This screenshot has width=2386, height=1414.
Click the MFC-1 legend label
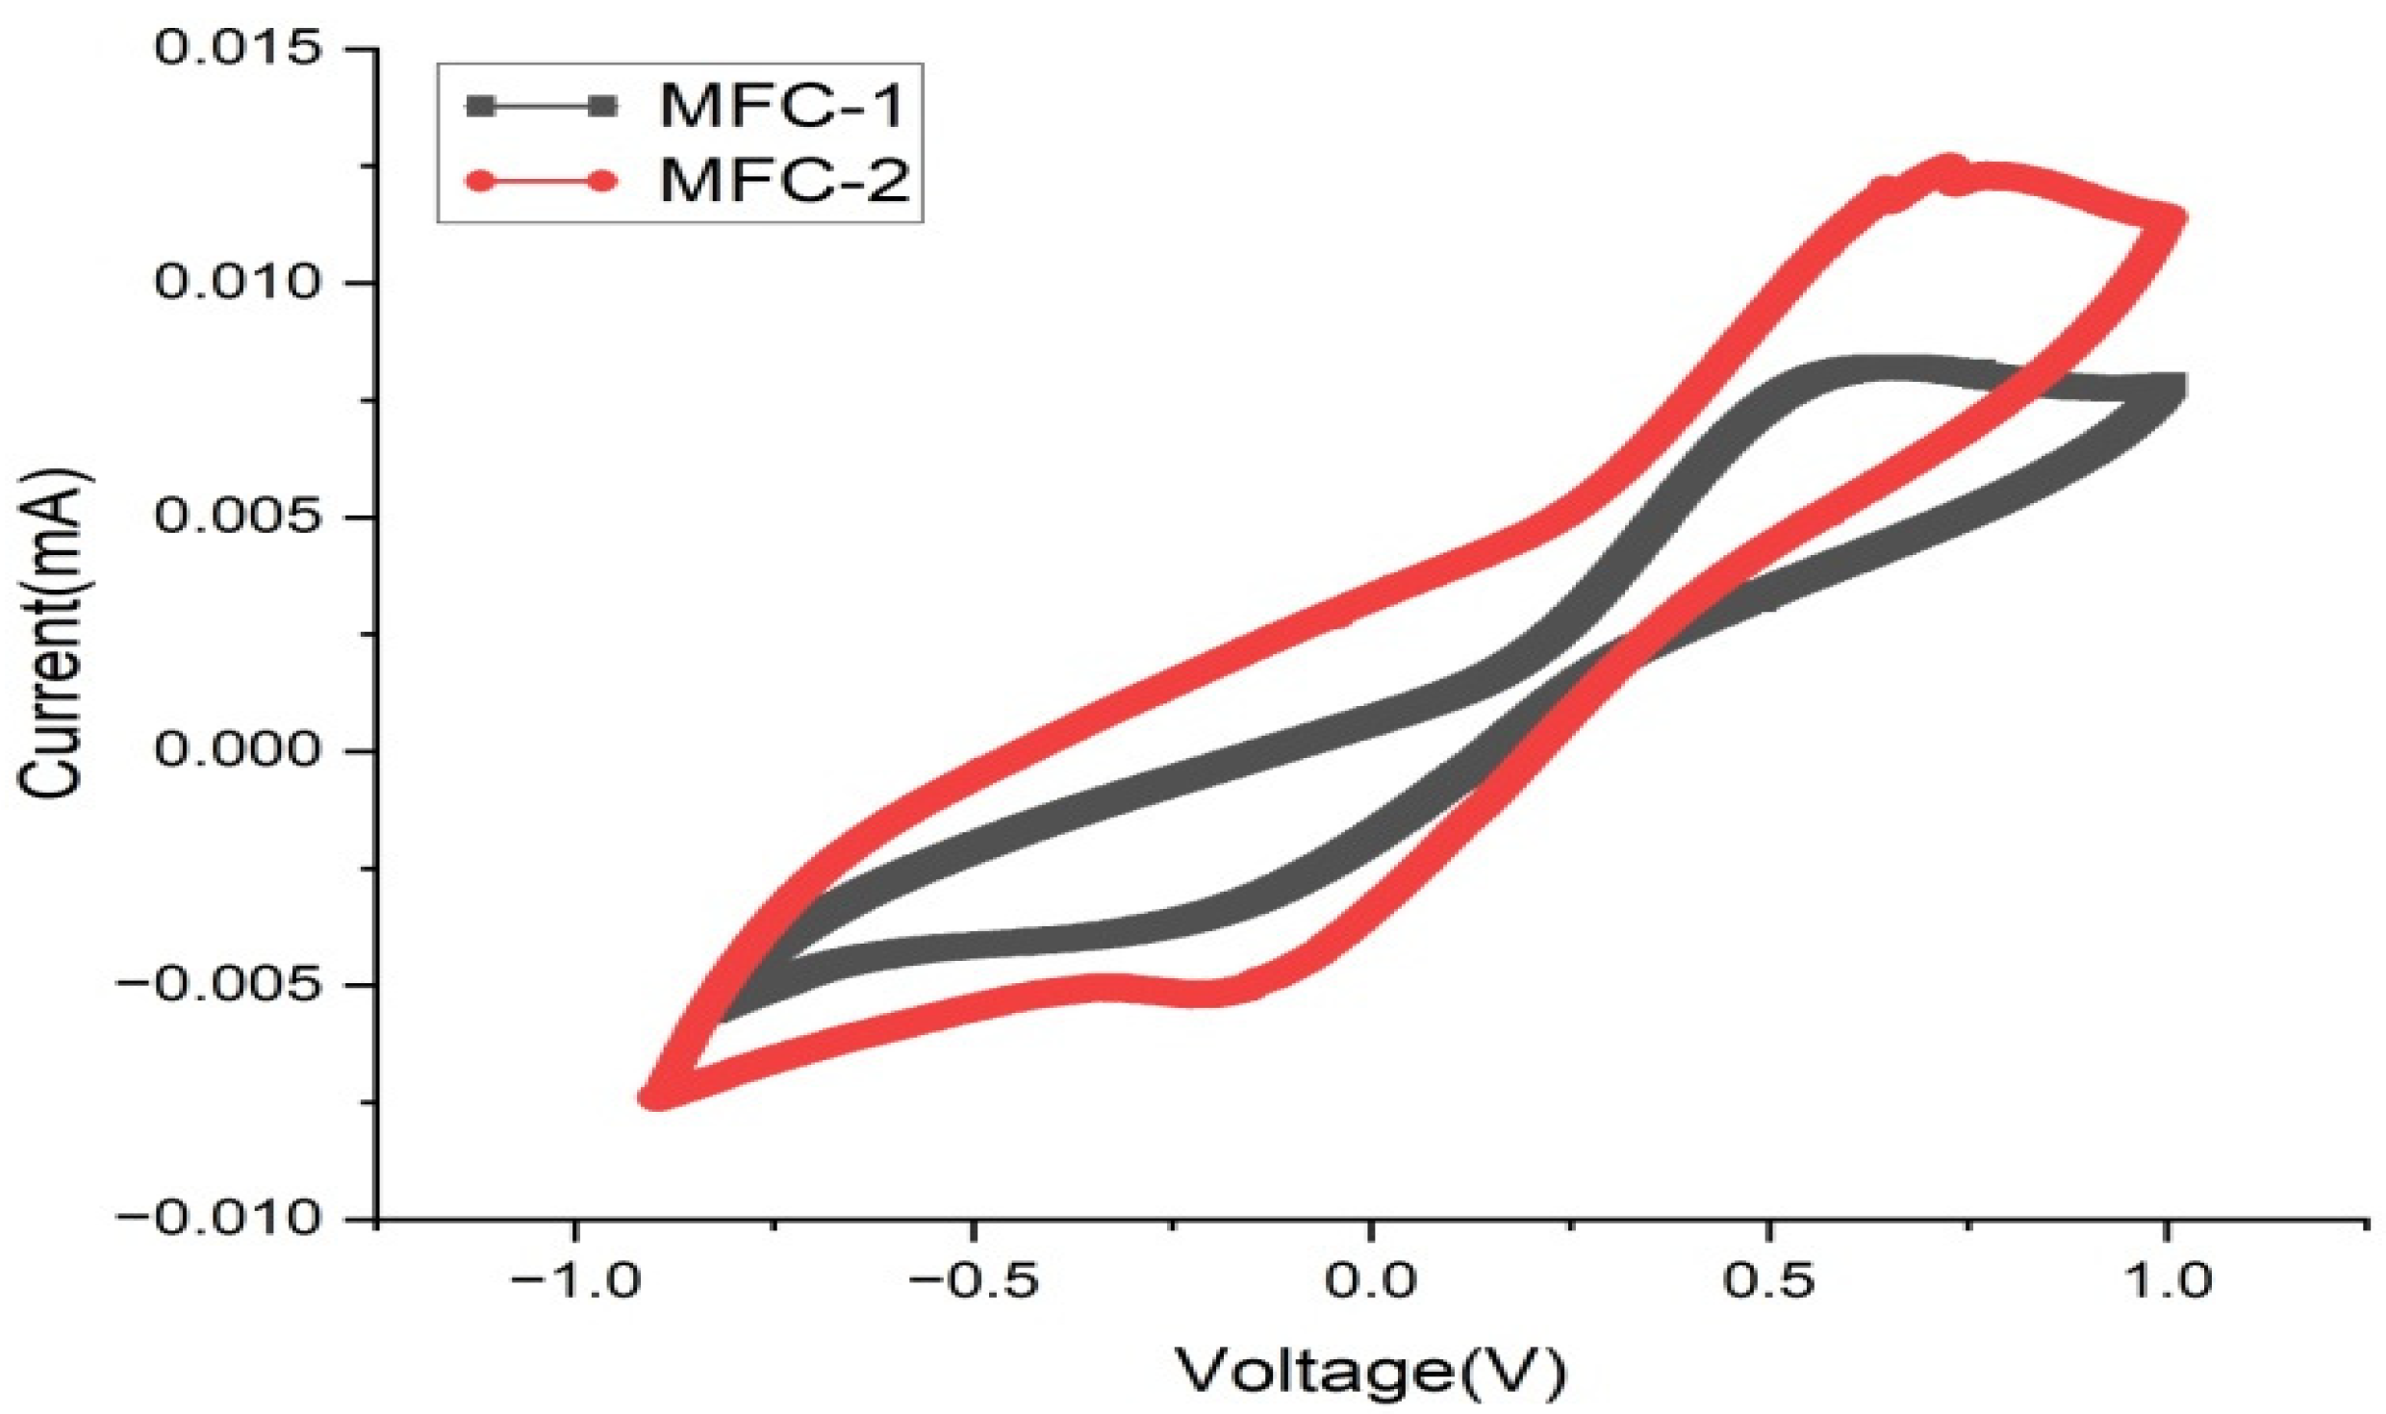pyautogui.click(x=781, y=108)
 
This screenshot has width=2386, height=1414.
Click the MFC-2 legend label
pyautogui.click(x=783, y=181)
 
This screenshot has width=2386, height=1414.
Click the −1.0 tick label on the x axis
pyautogui.click(x=574, y=1284)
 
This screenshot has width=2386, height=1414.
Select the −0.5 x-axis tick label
pyautogui.click(x=973, y=1284)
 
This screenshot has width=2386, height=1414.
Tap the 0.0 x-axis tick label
pyautogui.click(x=1370, y=1284)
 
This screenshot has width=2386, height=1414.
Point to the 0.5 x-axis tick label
pyautogui.click(x=1768, y=1284)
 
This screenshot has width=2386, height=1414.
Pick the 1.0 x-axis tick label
pyautogui.click(x=2166, y=1284)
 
